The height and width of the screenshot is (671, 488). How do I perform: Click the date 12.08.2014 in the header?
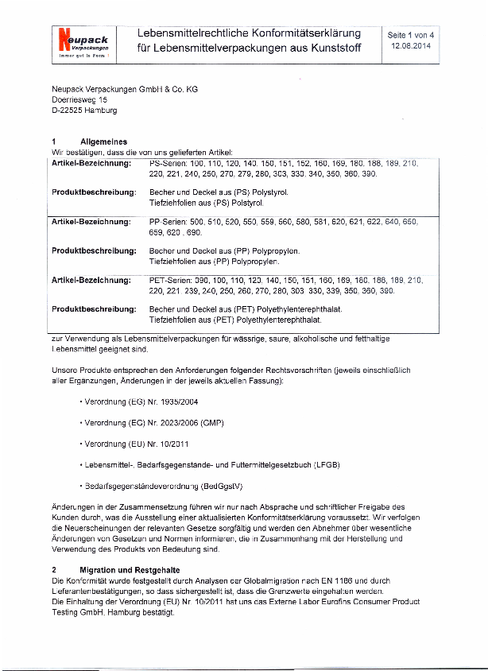pyautogui.click(x=410, y=46)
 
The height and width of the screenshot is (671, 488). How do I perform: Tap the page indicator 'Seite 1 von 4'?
pyautogui.click(x=410, y=35)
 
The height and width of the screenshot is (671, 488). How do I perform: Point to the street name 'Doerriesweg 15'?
pyautogui.click(x=79, y=100)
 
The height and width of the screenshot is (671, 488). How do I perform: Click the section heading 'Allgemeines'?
pyautogui.click(x=103, y=141)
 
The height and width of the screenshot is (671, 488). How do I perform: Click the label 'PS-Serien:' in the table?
pyautogui.click(x=168, y=163)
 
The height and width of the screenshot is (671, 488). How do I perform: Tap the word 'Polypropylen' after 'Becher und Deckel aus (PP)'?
pyautogui.click(x=276, y=250)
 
